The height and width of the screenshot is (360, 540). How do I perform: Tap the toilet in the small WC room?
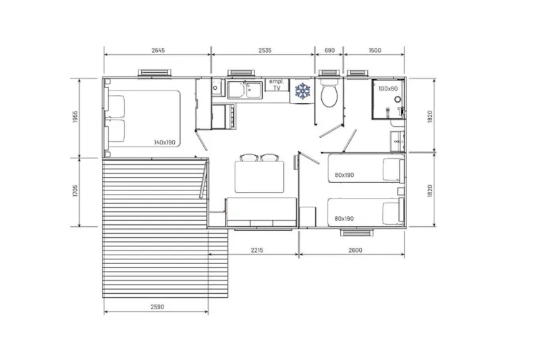coord(330,96)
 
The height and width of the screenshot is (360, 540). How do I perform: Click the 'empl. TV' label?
coord(277,84)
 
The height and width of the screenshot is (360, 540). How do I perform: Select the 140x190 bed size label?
coord(164,143)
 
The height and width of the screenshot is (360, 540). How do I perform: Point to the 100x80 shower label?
coord(388,88)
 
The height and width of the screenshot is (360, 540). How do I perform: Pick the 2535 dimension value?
coord(263,50)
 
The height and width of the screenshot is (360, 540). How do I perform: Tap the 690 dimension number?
coord(330,50)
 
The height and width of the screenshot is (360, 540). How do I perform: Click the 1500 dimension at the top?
coord(375,50)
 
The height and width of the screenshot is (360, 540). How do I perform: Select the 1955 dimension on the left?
coord(76,118)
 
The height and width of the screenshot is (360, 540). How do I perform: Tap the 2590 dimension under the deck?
coord(156,307)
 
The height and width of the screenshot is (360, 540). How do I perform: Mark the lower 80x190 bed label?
coord(344,218)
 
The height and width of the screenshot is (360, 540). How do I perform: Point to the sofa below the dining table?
coord(261,212)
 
